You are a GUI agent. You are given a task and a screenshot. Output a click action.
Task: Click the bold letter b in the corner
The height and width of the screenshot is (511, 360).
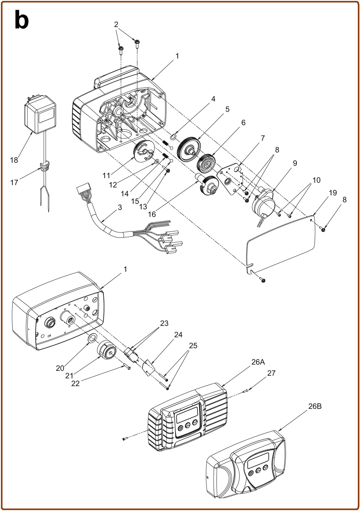(x=22, y=20)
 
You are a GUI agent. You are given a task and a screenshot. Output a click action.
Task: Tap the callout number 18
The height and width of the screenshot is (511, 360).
(x=14, y=160)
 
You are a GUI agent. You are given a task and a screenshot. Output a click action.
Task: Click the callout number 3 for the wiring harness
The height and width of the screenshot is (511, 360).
(x=120, y=207)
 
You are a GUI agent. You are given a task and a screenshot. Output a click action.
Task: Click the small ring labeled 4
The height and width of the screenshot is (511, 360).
(x=173, y=137)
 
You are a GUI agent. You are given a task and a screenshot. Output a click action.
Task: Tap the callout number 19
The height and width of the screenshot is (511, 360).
(x=333, y=193)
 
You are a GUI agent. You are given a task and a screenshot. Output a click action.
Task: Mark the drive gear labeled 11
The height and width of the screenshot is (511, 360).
(x=144, y=152)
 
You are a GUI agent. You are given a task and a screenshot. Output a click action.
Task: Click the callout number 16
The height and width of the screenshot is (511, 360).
(x=152, y=214)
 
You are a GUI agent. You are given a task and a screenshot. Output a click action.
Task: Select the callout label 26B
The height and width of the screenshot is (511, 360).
(x=315, y=406)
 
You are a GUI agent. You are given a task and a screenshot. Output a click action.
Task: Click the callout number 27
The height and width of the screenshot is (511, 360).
(x=271, y=373)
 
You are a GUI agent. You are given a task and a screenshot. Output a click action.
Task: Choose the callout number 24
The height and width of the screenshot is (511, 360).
(x=178, y=335)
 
